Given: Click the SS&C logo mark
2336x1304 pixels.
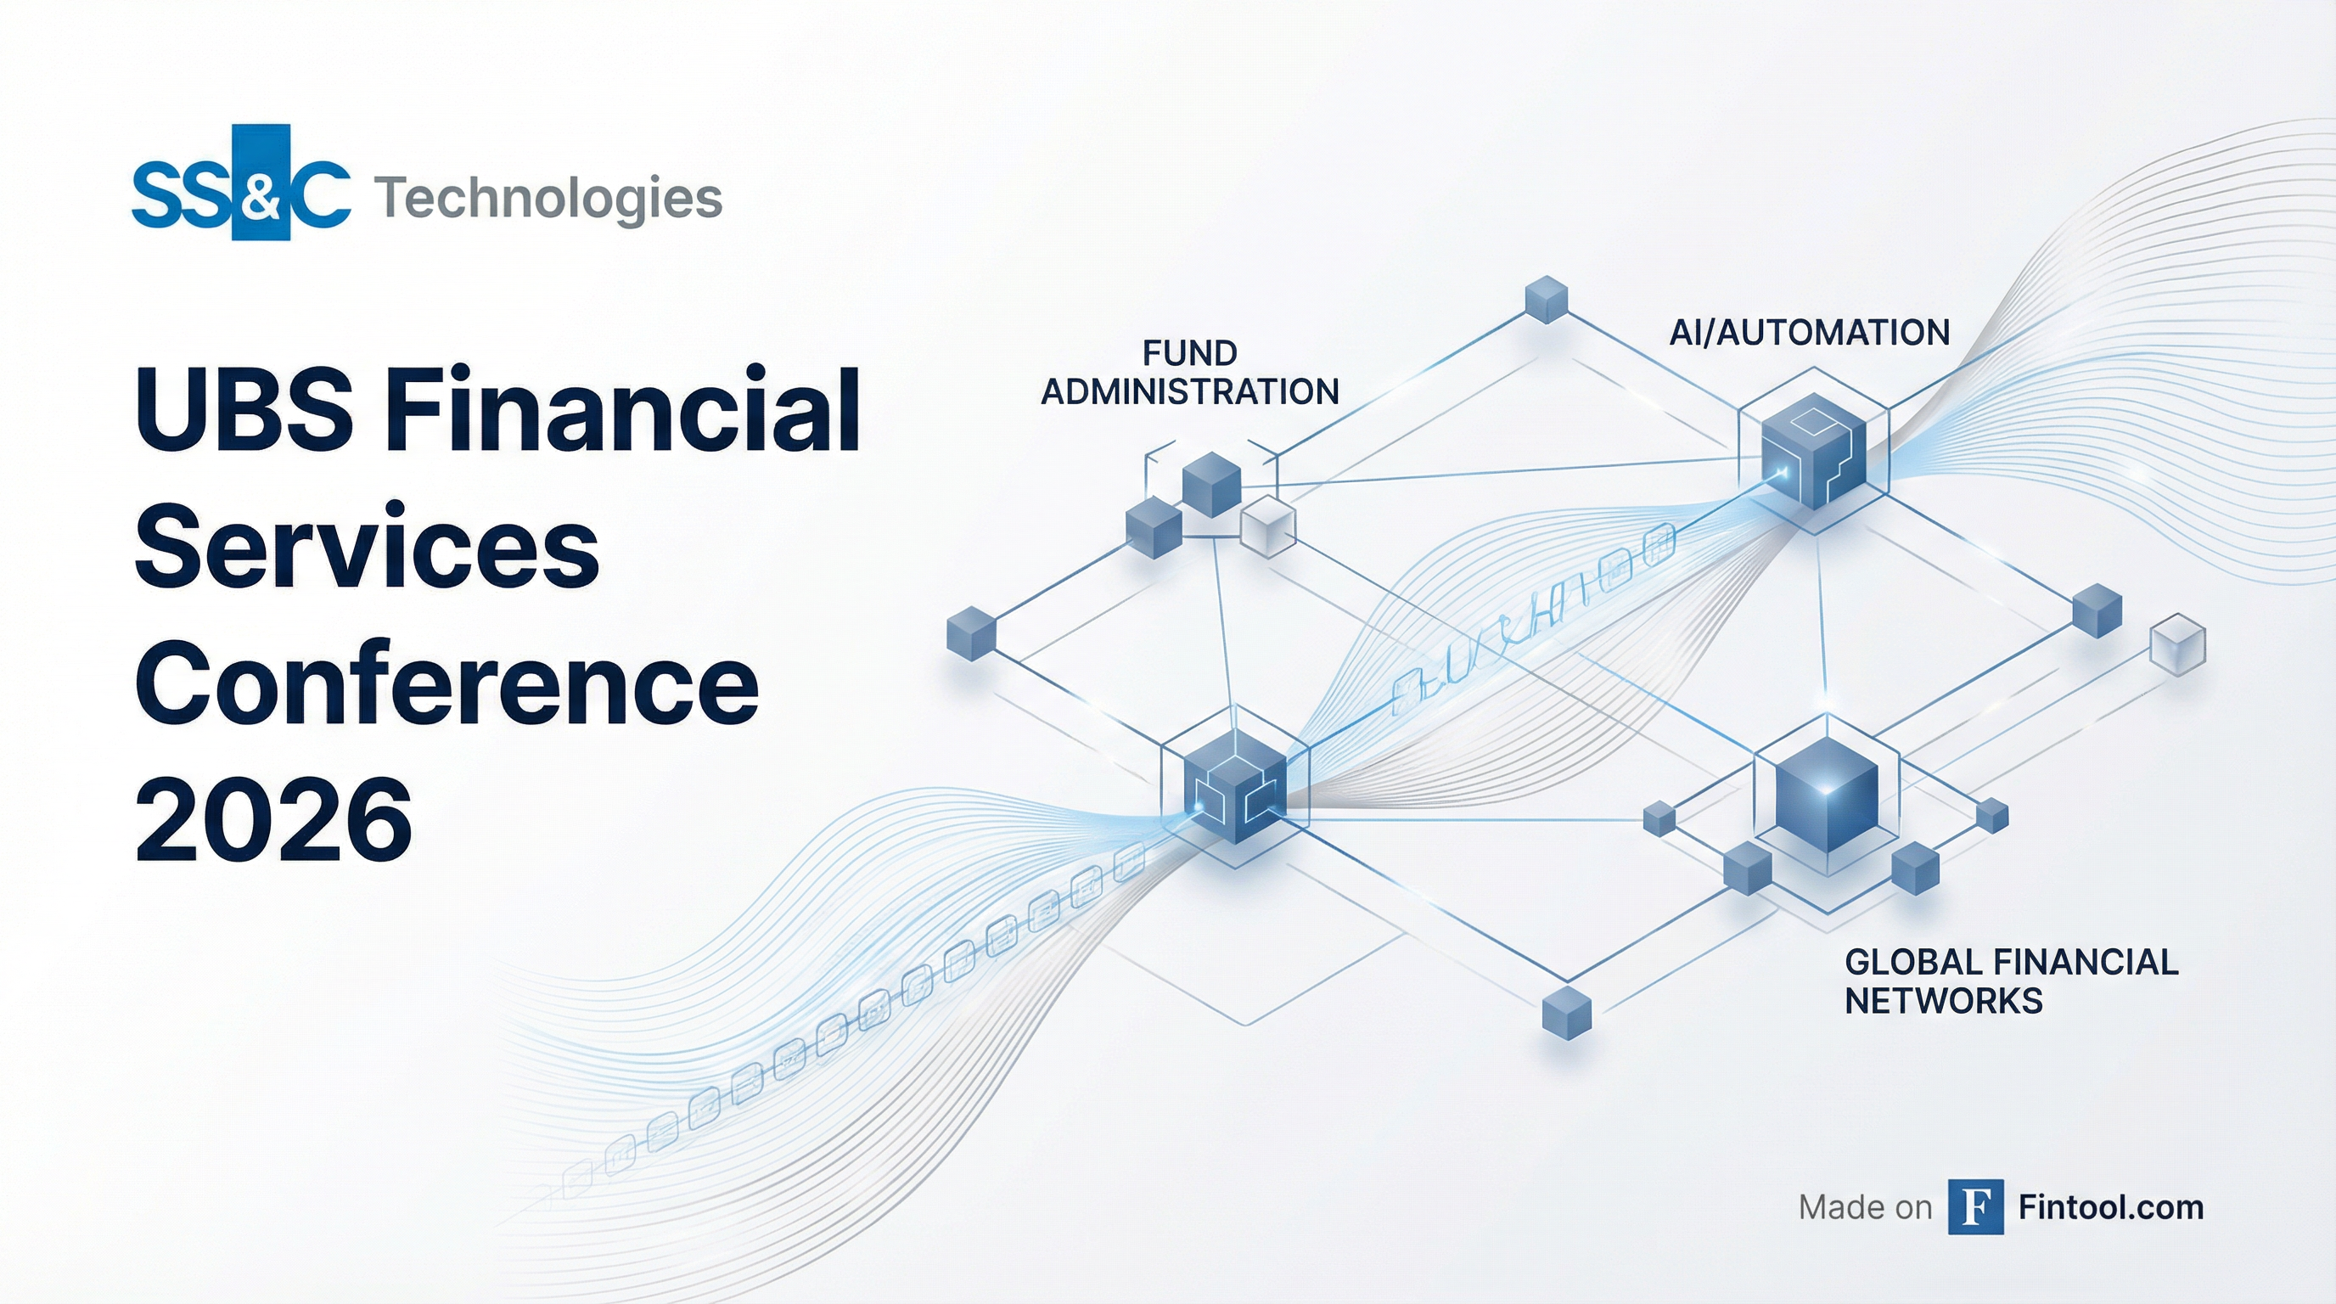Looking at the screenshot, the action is click(241, 183).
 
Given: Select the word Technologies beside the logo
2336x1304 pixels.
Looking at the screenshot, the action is click(547, 199).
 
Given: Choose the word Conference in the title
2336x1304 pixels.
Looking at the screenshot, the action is click(446, 682).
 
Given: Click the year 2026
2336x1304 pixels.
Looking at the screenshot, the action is click(274, 819).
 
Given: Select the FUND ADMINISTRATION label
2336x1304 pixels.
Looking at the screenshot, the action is click(1190, 372).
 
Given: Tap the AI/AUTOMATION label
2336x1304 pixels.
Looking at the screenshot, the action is click(1810, 333).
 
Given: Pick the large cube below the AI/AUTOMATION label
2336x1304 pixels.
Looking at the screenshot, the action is click(1813, 451).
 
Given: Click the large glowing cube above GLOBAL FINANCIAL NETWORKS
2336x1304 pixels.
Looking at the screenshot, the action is click(1827, 795).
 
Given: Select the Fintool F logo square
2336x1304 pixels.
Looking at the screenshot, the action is click(1976, 1207).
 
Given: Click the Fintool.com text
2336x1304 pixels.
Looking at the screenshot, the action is click(2111, 1208).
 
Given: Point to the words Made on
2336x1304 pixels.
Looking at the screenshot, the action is click(1866, 1208).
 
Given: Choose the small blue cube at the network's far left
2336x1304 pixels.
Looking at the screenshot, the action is click(971, 633).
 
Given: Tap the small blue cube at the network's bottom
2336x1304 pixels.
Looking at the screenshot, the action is click(1567, 1013).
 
